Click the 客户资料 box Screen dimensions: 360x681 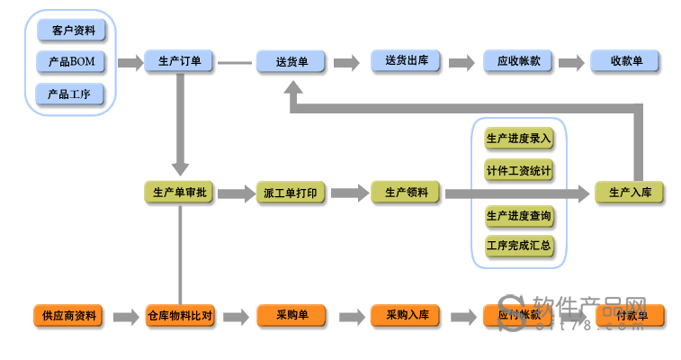pos(71,31)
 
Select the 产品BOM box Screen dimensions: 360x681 pos(71,62)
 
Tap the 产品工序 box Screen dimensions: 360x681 pos(71,94)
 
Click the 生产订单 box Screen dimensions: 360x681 pos(180,62)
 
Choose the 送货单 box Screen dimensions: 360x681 pos(291,62)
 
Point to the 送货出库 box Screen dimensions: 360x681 pos(406,61)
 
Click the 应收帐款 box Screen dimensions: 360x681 pos(518,61)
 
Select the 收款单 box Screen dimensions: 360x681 pos(626,61)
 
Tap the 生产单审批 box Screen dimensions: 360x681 pos(180,193)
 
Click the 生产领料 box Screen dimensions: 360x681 pos(406,192)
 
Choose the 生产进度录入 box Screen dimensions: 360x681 pos(519,139)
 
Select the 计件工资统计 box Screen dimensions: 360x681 pos(519,170)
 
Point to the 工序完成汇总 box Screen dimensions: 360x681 pos(519,245)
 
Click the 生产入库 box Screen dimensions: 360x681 pos(630,193)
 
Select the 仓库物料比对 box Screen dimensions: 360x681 pos(180,316)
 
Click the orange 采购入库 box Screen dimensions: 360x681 pos(406,316)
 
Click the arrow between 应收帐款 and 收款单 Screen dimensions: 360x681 pos(571,63)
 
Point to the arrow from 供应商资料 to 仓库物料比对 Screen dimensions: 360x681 pos(124,317)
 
